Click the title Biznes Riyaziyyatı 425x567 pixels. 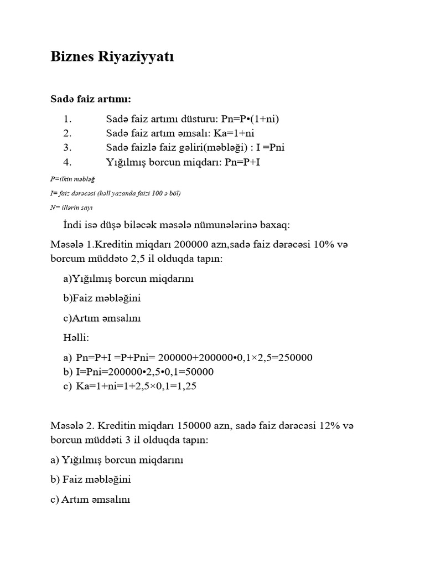tap(112, 56)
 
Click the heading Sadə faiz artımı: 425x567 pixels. tap(91, 99)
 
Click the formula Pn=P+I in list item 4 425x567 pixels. tap(237, 162)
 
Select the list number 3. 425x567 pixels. tap(68, 147)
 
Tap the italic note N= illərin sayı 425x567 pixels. tap(71, 207)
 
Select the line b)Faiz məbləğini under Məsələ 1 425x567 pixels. tap(102, 298)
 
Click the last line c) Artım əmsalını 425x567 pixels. tap(90, 499)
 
